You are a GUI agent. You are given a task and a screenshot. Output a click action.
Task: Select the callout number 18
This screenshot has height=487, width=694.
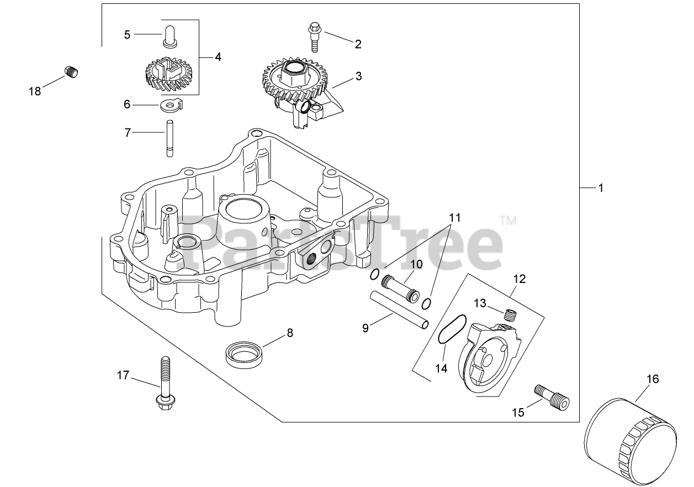[x=35, y=91]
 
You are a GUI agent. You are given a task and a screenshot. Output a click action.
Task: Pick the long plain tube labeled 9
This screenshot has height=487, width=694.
[x=399, y=311]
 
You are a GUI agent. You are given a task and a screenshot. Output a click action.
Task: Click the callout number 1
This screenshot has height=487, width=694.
[x=601, y=188]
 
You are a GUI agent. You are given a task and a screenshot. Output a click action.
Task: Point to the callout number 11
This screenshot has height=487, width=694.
[x=454, y=217]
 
